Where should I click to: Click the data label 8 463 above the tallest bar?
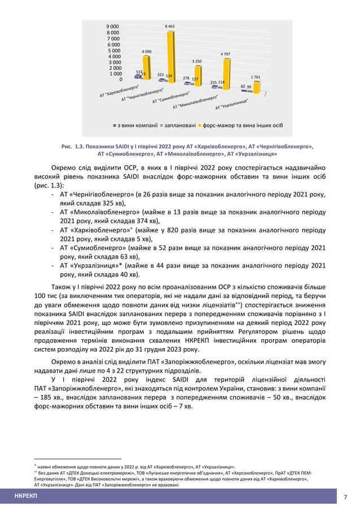coord(169,27)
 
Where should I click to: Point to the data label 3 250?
coord(196,60)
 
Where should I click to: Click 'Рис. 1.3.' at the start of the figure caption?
coord(72,146)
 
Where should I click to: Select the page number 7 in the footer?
coord(345,497)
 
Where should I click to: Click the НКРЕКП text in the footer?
coord(25,496)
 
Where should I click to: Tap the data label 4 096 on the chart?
coord(146,51)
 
